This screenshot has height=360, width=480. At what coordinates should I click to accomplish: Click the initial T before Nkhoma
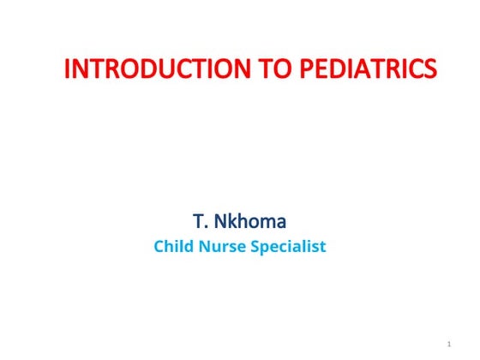point(199,222)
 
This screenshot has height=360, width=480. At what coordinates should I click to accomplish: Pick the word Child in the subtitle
point(171,248)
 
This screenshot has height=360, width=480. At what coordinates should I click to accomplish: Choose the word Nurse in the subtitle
point(220,248)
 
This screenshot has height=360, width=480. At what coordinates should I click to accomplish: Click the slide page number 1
point(448,345)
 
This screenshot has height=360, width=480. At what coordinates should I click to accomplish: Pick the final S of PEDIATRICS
point(429,69)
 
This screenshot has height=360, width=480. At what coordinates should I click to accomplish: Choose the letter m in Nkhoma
point(274,222)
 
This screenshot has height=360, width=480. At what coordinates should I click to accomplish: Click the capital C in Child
point(159,248)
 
